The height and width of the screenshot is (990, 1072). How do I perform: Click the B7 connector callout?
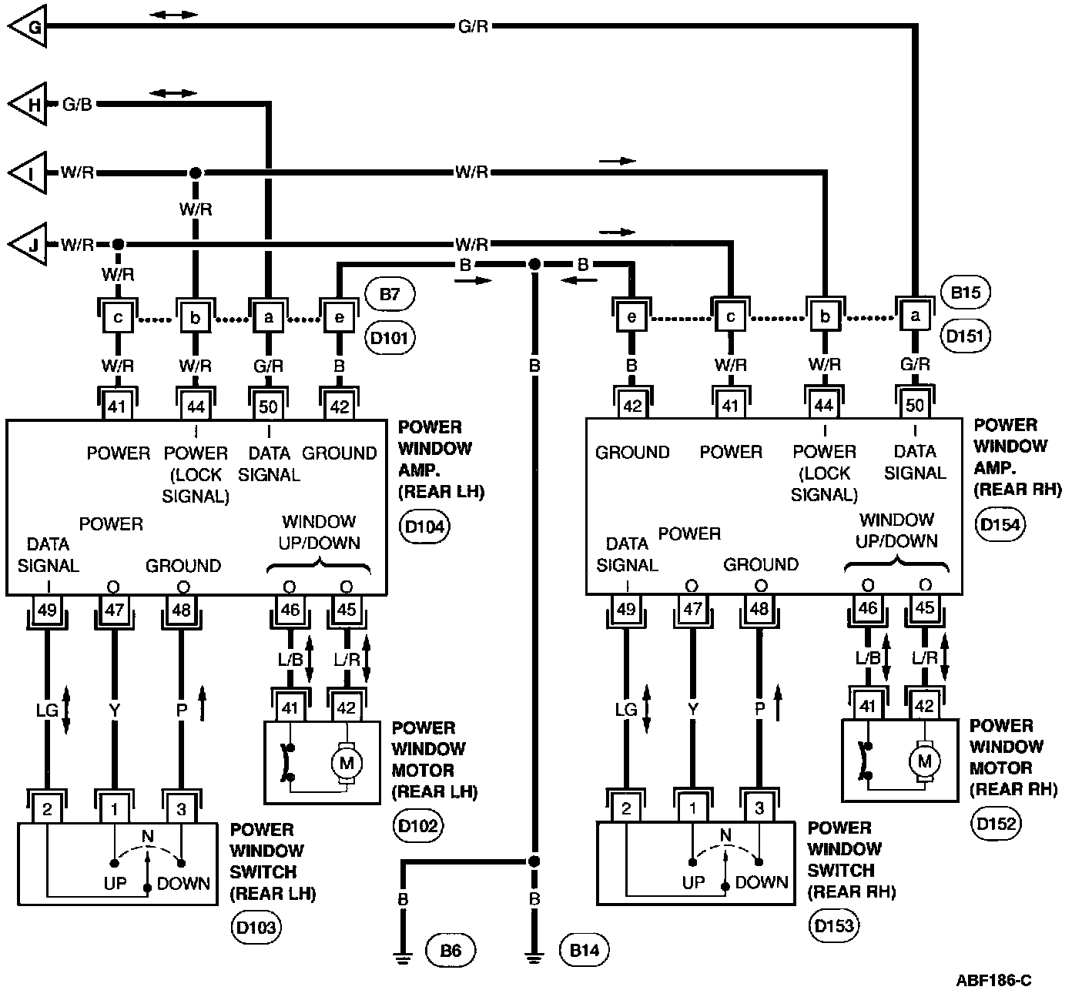[x=390, y=294]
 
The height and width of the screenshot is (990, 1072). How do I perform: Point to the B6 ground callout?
[x=451, y=951]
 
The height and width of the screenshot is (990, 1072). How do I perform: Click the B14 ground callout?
[x=585, y=951]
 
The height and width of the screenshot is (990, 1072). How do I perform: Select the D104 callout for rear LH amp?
[x=425, y=527]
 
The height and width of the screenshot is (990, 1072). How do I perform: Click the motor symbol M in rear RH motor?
[x=923, y=761]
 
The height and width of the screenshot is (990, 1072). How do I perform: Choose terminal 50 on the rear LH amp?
[x=268, y=406]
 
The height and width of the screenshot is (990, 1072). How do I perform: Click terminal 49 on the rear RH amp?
[x=625, y=609]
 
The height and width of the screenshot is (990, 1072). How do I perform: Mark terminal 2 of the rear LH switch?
[x=48, y=809]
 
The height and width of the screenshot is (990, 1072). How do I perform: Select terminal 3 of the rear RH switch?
[x=759, y=808]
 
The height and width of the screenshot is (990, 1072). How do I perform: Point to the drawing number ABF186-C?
[x=993, y=980]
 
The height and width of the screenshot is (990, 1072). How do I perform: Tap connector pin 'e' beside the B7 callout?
[x=340, y=317]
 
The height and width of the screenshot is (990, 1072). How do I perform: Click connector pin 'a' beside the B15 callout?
[x=915, y=316]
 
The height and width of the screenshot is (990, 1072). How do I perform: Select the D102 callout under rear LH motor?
[x=417, y=827]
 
